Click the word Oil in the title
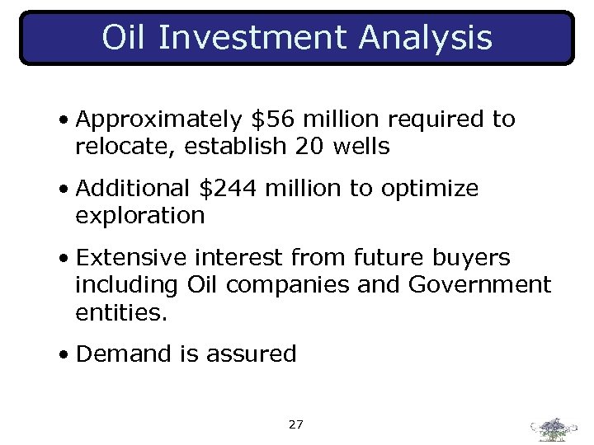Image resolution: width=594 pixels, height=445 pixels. [x=125, y=37]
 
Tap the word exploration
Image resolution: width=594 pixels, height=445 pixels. [x=139, y=217]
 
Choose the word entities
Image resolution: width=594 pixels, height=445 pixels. [x=120, y=312]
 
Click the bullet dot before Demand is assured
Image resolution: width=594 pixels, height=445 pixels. [x=64, y=355]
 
